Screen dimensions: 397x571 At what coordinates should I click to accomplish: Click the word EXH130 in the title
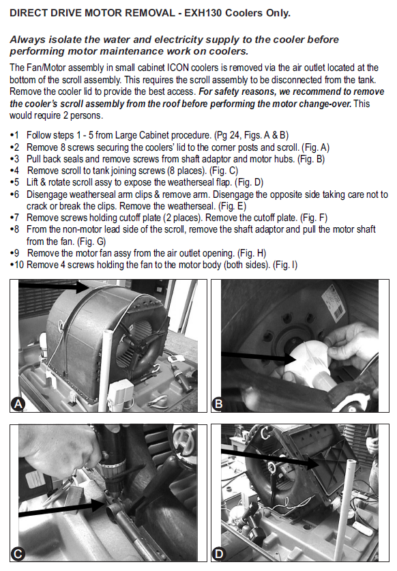click(203, 13)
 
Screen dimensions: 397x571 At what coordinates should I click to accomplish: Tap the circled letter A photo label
click(18, 405)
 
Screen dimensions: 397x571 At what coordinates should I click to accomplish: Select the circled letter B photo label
click(218, 405)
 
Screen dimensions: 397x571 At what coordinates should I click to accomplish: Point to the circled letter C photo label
click(18, 554)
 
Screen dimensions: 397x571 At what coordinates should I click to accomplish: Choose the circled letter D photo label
click(218, 554)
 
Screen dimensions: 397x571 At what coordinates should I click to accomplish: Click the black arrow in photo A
click(53, 287)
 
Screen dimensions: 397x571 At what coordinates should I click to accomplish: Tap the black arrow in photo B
click(259, 357)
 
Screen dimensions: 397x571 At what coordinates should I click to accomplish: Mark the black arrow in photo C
click(62, 509)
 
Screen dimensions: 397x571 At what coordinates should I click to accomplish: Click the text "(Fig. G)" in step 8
click(91, 241)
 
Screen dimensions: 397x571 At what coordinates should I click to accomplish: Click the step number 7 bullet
click(14, 218)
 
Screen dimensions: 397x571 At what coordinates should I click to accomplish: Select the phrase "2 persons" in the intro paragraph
click(86, 115)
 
